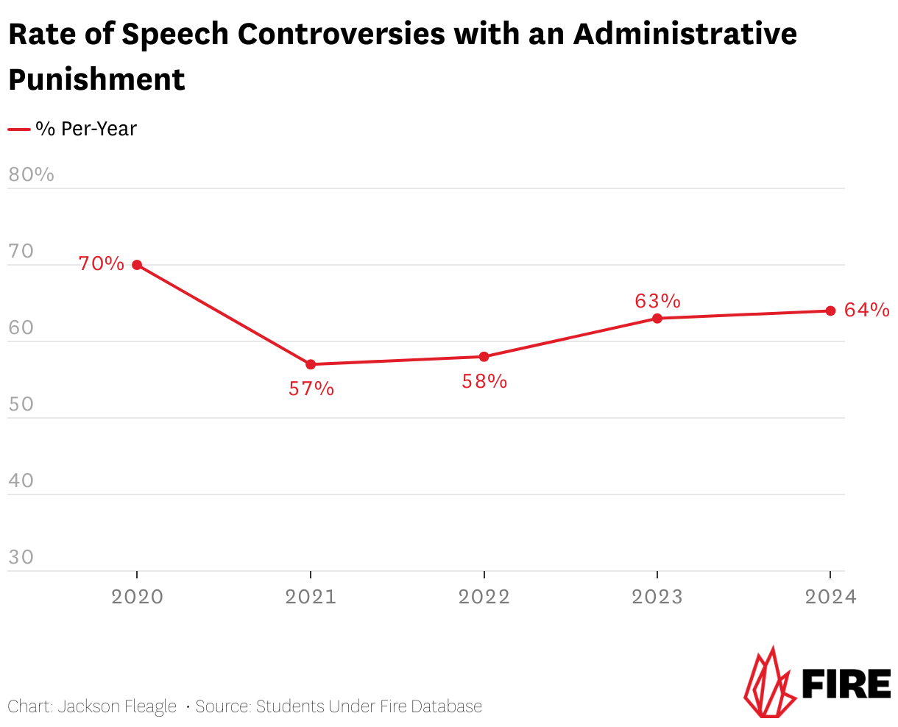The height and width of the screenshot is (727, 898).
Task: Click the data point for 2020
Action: click(x=137, y=265)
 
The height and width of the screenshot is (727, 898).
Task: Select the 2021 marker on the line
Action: click(x=311, y=364)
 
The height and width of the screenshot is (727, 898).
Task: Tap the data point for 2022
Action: click(x=484, y=357)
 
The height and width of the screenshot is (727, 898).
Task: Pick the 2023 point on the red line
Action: click(x=657, y=318)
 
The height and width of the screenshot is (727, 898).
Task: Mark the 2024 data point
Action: click(x=830, y=311)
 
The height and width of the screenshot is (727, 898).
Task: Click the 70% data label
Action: click(x=102, y=263)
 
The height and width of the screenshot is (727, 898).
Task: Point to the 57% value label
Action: click(x=311, y=389)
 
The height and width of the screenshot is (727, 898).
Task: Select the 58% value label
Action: click(x=484, y=381)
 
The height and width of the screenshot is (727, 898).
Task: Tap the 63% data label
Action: click(x=657, y=301)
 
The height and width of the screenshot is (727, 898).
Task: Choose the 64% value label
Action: click(x=866, y=311)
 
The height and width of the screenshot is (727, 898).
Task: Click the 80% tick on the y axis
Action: click(x=31, y=175)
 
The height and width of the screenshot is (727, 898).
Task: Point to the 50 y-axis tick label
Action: click(x=21, y=405)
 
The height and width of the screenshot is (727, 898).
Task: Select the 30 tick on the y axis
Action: click(x=21, y=557)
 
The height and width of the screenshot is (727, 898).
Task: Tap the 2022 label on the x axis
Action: click(x=484, y=597)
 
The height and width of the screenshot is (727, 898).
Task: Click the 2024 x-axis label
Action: click(x=830, y=597)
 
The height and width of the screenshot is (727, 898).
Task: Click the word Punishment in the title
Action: click(x=96, y=79)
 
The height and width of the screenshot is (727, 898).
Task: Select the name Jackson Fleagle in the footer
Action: click(x=117, y=707)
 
